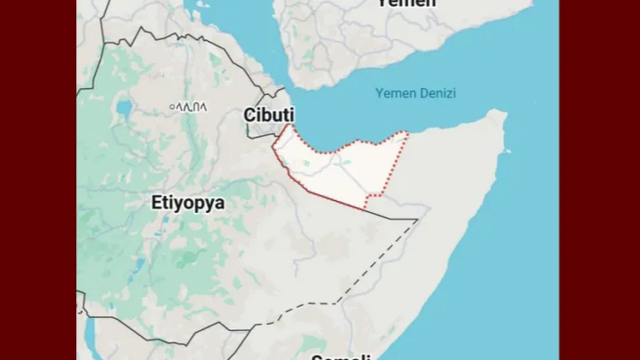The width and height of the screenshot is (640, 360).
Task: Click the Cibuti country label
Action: coord(269,114)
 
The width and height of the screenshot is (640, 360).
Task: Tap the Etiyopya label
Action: coord(188,202)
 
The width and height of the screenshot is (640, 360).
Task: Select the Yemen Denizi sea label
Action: coord(416,93)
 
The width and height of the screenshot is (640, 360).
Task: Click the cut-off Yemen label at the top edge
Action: coord(406,4)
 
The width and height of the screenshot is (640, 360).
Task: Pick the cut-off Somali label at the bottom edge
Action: coord(341,356)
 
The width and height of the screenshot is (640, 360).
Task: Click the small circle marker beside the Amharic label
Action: coord(172,107)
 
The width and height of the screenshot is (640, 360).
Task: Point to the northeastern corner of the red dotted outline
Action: coord(407,133)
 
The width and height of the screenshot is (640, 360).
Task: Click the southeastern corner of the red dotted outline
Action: coord(366,208)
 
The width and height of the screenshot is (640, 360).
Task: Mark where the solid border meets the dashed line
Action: coord(417,220)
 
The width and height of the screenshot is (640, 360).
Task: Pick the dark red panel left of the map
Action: coord(37,180)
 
